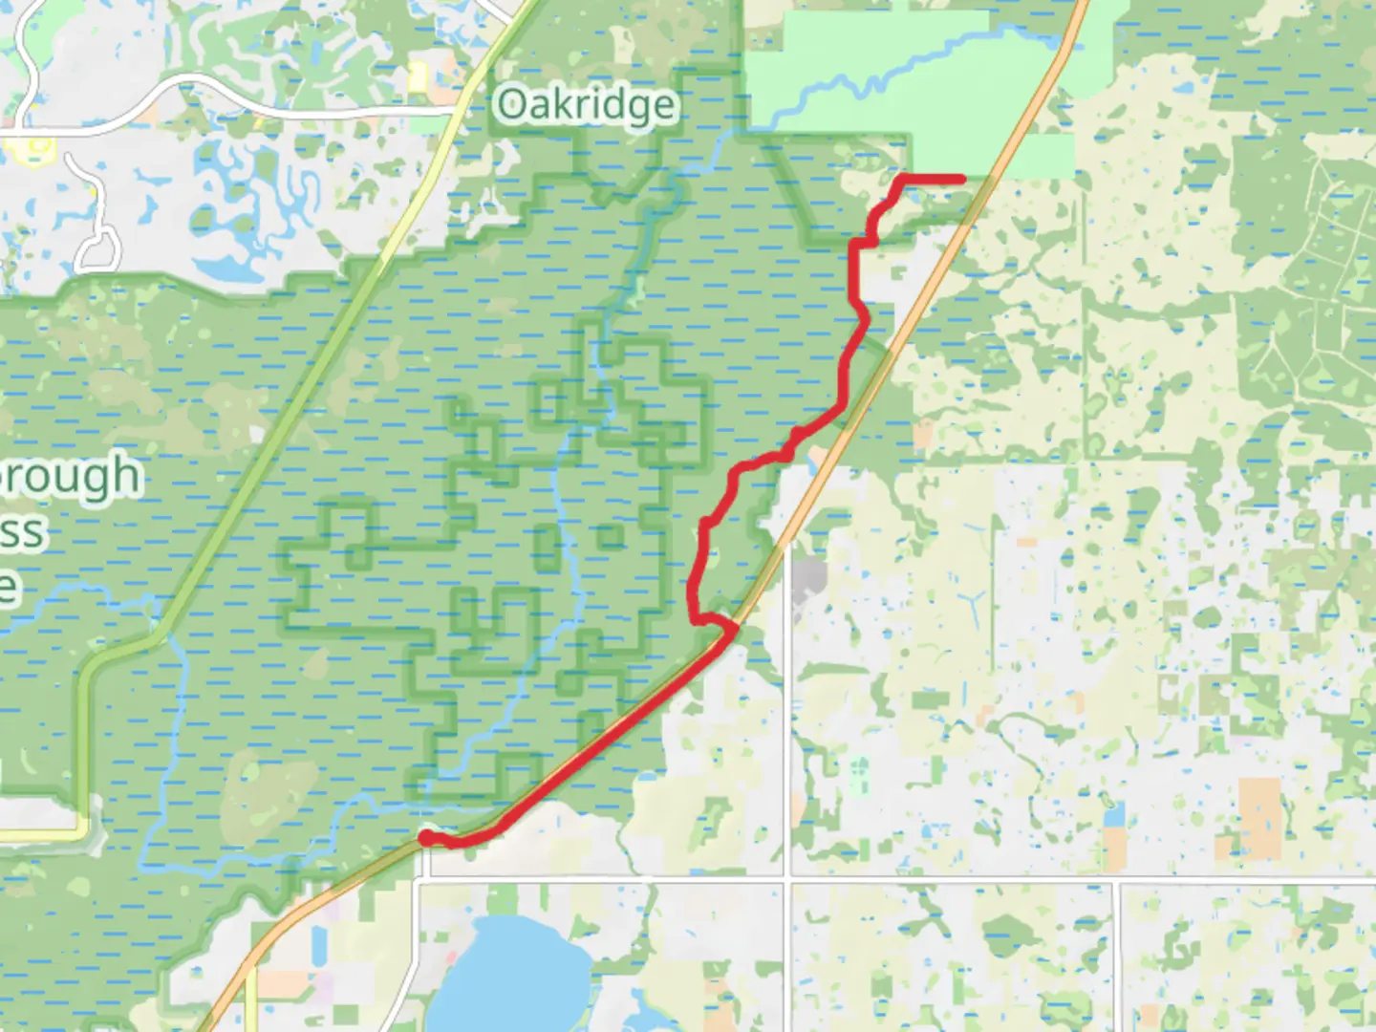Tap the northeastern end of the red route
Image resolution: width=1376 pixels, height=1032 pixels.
click(x=960, y=179)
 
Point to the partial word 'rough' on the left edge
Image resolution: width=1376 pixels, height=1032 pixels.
click(x=72, y=475)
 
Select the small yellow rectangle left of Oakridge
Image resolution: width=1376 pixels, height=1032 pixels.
click(x=418, y=78)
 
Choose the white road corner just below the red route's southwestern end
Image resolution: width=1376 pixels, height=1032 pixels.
click(x=424, y=874)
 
